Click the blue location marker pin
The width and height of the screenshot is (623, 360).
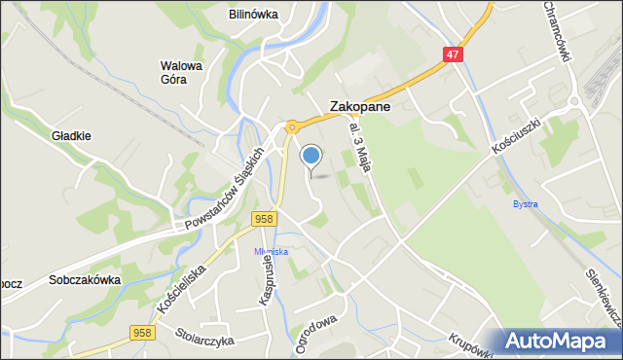(x=311, y=156)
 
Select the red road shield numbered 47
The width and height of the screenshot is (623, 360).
(x=453, y=55)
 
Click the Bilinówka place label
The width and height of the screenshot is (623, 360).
(x=253, y=15)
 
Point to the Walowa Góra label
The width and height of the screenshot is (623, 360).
(x=181, y=73)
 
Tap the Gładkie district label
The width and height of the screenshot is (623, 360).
(x=72, y=136)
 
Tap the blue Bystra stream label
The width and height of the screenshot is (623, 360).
(x=525, y=204)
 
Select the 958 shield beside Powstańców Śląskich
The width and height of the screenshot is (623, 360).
(x=262, y=220)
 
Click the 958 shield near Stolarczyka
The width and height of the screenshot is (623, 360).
(x=141, y=333)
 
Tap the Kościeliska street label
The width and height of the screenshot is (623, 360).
(x=182, y=283)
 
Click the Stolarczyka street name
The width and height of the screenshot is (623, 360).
(x=205, y=341)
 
